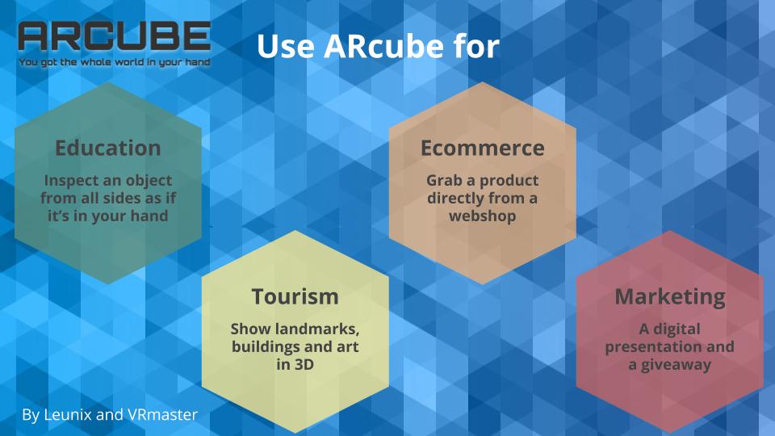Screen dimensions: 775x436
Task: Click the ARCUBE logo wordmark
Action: (115, 36)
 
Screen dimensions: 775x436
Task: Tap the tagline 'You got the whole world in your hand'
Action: (115, 62)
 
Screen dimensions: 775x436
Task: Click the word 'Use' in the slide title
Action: (286, 46)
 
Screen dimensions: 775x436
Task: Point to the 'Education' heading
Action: (108, 148)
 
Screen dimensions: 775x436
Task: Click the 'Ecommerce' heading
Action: (483, 148)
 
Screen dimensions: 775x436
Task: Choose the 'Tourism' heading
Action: (295, 296)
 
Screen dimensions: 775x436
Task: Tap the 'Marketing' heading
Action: (670, 297)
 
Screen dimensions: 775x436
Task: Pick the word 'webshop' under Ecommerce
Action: (483, 216)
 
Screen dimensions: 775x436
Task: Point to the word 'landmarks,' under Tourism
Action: (317, 329)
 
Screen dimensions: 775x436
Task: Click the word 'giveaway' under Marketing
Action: (677, 365)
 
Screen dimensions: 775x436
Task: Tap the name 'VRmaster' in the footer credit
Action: (162, 414)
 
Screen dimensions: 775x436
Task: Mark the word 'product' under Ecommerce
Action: (509, 181)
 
